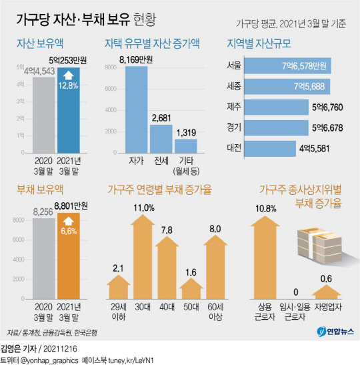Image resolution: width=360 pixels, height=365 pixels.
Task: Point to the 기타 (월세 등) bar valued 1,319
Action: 186,146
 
